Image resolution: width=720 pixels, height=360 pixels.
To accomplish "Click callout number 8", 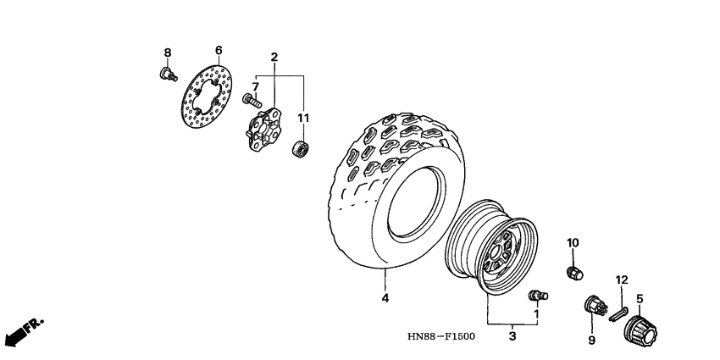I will click(168, 53).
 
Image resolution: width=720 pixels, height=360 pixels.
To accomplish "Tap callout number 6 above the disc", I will click(218, 50).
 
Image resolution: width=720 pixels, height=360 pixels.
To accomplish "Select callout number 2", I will click(274, 57).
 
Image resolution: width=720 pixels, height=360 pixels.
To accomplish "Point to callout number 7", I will click(254, 86).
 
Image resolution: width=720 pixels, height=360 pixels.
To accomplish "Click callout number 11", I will click(303, 118).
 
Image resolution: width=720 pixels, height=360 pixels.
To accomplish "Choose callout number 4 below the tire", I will click(385, 298).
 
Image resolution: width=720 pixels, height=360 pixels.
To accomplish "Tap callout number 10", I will click(573, 243).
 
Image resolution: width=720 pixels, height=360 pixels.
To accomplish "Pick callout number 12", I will click(622, 280).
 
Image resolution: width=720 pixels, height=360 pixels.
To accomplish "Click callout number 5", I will click(640, 298).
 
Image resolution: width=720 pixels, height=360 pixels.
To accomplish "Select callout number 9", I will click(592, 340).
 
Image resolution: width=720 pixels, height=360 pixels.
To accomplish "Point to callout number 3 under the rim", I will click(512, 336).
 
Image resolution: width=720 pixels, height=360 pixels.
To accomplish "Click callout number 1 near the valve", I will click(536, 313).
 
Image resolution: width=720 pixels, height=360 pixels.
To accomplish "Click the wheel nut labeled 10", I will click(573, 272).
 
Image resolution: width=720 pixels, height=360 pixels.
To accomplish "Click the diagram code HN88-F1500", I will click(440, 336).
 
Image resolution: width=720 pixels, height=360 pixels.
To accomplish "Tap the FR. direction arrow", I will click(23, 331).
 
